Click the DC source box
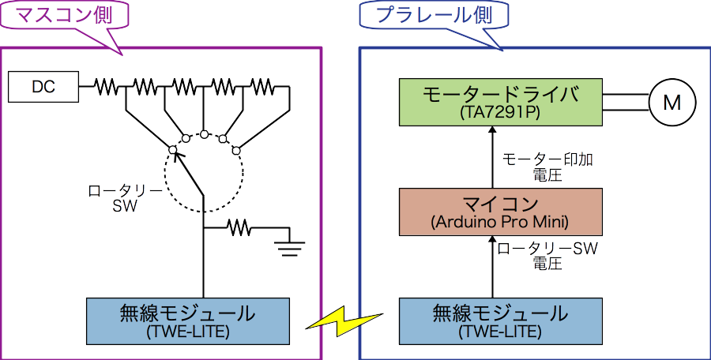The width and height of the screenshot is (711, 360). [43, 87]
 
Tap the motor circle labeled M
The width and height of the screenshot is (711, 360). [671, 102]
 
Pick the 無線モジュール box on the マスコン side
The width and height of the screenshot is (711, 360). [188, 320]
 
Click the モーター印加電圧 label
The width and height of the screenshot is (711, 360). [547, 167]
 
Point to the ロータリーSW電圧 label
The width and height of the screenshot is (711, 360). [547, 256]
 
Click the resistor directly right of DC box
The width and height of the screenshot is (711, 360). [105, 86]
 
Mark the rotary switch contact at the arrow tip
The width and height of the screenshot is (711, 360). [172, 149]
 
